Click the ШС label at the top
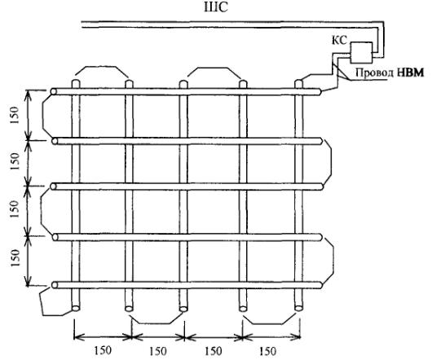click(216, 7)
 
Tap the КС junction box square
click(361, 53)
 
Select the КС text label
click(339, 41)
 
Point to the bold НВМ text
click(410, 72)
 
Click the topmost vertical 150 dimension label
click(15, 115)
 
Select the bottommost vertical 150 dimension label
click(15, 257)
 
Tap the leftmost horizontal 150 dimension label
click(103, 351)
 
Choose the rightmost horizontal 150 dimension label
click(267, 351)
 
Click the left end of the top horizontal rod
click(53, 91)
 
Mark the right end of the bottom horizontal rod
click(320, 285)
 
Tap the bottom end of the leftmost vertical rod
click(76, 308)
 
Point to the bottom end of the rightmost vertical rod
click(298, 308)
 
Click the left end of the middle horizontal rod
click(53, 187)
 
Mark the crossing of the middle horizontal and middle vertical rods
click(183, 187)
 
